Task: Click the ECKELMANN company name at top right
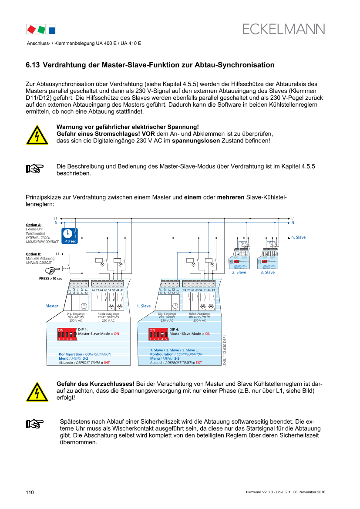click(283, 29)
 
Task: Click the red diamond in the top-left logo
click(31, 30)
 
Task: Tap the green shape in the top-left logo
click(41, 30)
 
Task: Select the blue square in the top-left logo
click(51, 30)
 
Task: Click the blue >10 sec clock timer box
click(70, 235)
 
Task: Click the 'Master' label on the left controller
click(52, 306)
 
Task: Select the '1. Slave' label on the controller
click(144, 306)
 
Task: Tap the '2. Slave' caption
click(239, 272)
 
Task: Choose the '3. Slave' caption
click(268, 272)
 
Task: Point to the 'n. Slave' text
click(299, 237)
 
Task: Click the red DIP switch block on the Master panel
click(67, 334)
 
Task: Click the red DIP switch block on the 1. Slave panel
click(158, 334)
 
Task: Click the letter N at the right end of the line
click(293, 222)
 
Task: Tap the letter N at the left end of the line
click(56, 222)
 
